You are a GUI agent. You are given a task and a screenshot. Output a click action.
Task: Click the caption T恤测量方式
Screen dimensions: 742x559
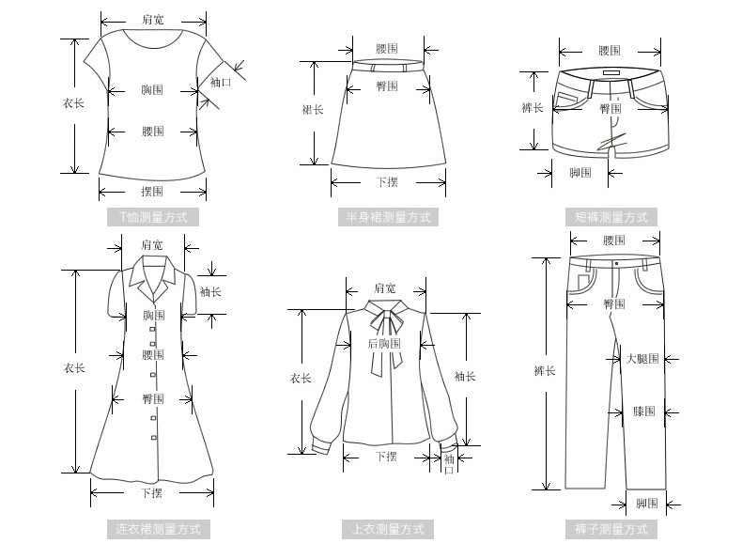(x=153, y=217)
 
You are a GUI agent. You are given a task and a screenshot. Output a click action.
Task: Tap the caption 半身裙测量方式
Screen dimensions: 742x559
(x=388, y=217)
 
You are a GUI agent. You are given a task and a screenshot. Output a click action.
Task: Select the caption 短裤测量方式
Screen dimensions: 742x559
(x=611, y=217)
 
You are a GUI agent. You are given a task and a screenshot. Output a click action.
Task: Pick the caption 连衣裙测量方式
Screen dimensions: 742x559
(x=158, y=529)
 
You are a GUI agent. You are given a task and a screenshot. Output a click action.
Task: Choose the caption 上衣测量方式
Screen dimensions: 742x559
(x=388, y=529)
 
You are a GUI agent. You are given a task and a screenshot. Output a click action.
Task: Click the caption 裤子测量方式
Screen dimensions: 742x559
(x=611, y=529)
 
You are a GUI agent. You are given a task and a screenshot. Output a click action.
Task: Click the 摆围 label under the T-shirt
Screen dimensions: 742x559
(x=152, y=192)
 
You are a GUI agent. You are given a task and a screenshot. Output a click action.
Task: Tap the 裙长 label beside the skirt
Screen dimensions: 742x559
(x=313, y=110)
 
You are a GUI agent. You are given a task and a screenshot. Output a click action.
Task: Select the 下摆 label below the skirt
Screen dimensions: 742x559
(x=387, y=182)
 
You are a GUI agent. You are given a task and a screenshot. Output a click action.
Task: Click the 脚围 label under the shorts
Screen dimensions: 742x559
(x=580, y=173)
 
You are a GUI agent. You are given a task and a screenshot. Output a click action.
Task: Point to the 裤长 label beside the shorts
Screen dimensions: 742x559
(x=533, y=108)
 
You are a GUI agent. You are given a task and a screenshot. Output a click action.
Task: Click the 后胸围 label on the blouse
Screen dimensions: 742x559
(x=384, y=344)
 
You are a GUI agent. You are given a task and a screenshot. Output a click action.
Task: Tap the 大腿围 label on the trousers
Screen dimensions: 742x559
(x=642, y=358)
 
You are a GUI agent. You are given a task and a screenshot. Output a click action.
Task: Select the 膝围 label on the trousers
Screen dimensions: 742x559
(x=644, y=411)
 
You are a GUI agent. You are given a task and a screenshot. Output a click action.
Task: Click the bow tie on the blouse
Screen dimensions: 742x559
(x=384, y=322)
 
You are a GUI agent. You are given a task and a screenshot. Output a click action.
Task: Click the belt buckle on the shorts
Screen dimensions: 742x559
(x=611, y=74)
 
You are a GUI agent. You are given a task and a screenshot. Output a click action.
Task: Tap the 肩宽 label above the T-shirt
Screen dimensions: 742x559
(x=152, y=19)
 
